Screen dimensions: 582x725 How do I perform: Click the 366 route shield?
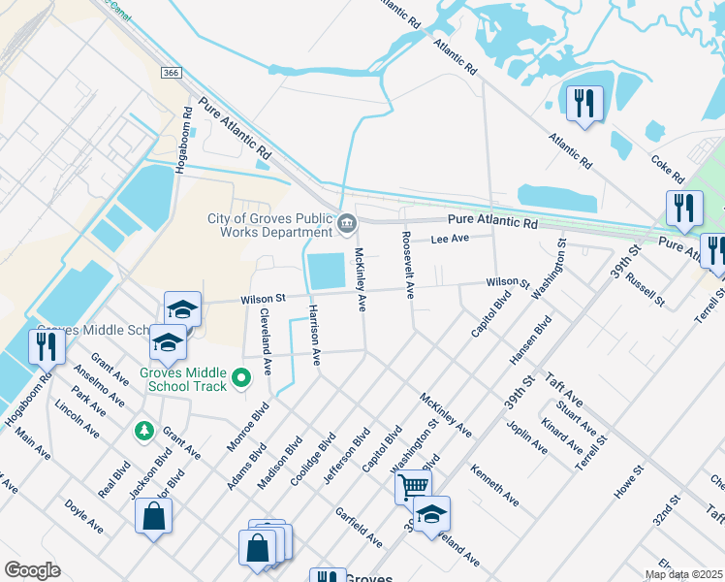tap(171, 73)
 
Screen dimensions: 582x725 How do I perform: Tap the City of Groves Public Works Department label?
tap(269, 225)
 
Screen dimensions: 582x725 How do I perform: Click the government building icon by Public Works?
tap(347, 225)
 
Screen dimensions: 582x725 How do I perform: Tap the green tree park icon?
tap(144, 430)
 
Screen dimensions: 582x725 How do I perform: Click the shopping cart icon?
tap(412, 485)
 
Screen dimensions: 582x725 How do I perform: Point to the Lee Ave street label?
tap(449, 239)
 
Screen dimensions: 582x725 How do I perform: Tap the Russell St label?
tap(645, 288)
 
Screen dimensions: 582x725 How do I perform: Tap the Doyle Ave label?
tap(83, 516)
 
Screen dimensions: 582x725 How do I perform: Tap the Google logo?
tap(32, 569)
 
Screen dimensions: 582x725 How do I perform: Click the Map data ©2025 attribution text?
tap(683, 574)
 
